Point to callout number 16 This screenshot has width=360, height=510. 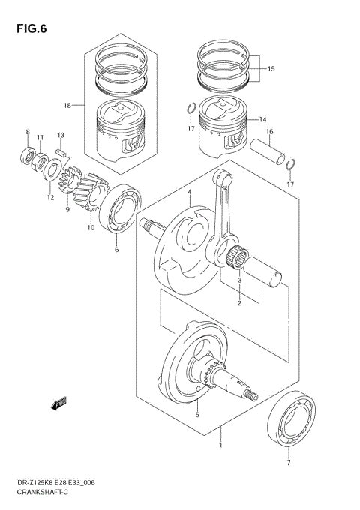[268, 132]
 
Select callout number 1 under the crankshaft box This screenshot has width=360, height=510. [220, 445]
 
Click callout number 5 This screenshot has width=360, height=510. [196, 414]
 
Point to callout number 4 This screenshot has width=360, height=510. [190, 193]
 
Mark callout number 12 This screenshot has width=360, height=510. [50, 198]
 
